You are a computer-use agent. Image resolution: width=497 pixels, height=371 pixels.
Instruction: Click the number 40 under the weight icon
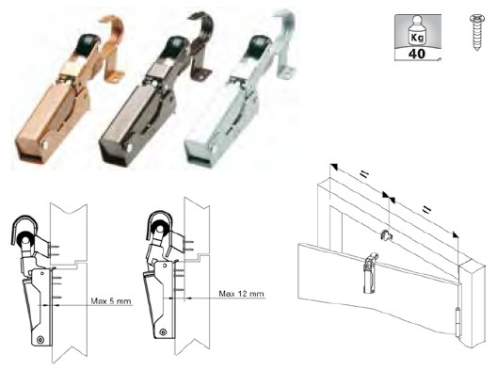[417, 54]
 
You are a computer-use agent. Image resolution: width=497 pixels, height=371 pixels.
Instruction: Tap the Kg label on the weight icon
[417, 38]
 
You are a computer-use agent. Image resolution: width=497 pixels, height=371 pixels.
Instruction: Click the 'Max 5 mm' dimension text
[111, 300]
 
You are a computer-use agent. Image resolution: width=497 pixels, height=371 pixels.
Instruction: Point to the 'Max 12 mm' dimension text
[241, 294]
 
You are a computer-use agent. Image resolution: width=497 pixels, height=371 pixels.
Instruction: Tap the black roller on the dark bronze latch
[173, 46]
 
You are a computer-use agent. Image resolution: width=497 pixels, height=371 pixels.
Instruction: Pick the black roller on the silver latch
[257, 44]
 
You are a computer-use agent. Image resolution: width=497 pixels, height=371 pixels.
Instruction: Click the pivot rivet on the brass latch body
[44, 145]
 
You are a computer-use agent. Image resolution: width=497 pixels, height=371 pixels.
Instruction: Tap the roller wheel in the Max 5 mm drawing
[25, 239]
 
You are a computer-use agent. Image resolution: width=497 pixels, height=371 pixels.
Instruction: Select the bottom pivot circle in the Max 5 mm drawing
[40, 339]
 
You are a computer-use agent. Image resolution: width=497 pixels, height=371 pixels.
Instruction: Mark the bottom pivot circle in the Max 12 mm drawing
[163, 332]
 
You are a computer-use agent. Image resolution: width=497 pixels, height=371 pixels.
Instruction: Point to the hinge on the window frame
[457, 321]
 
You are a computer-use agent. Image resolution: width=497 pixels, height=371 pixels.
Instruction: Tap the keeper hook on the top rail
[385, 235]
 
